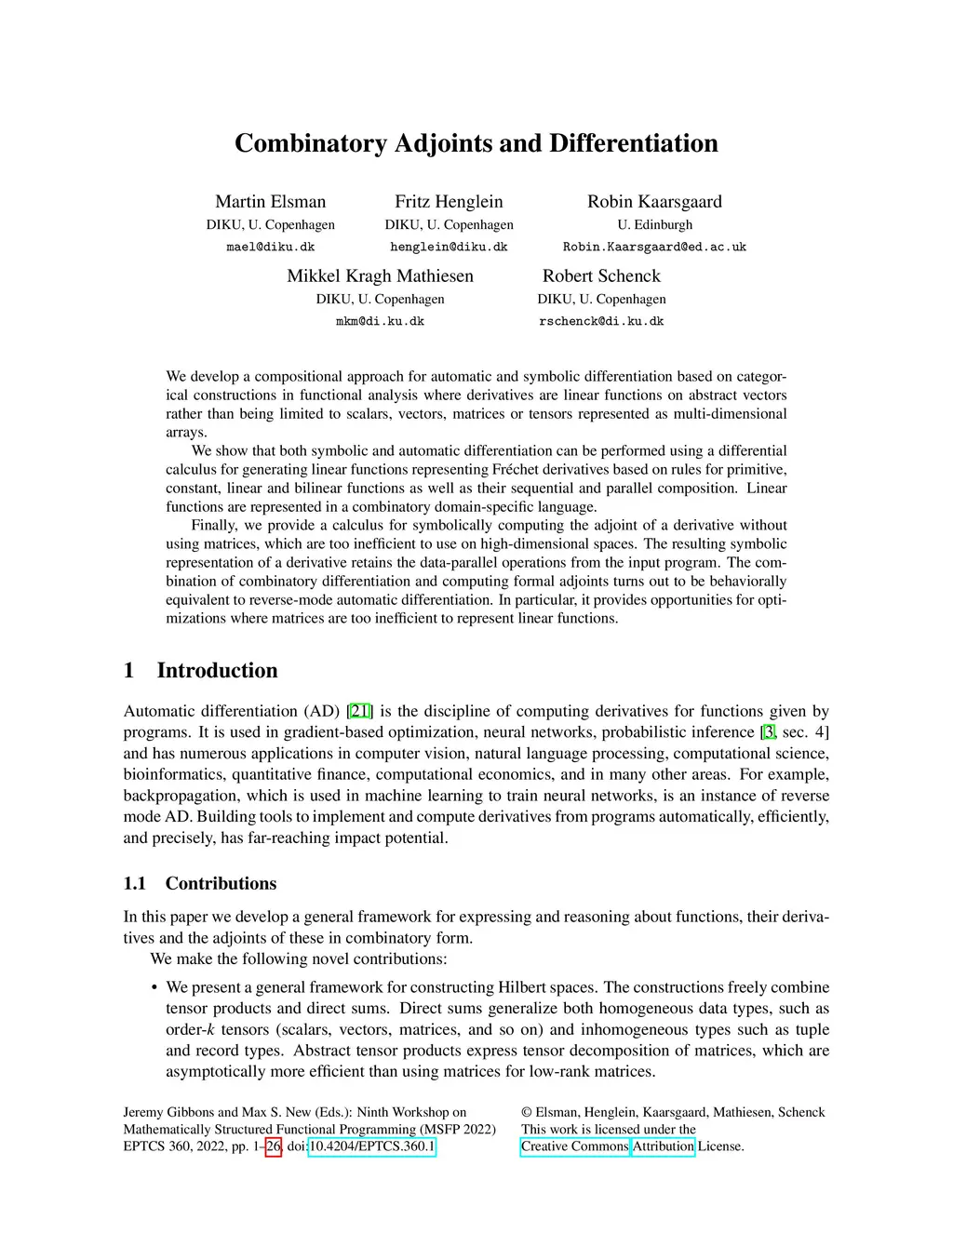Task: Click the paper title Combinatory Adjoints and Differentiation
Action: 476,143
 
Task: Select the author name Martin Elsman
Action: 270,202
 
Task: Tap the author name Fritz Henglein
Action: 449,202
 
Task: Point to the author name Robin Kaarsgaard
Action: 654,202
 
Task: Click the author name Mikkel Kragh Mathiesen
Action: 380,276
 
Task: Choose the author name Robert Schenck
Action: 601,276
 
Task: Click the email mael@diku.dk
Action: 270,248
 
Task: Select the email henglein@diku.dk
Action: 449,248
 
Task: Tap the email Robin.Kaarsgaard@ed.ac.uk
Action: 654,248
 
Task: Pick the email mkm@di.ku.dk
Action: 380,322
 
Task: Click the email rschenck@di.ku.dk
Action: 601,322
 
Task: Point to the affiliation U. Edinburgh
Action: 654,225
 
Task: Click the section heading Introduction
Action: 217,671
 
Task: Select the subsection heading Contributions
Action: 221,884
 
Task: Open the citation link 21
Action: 360,712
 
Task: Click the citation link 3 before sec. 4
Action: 769,732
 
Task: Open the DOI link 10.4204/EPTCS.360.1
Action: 371,1146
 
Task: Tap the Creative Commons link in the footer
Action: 574,1146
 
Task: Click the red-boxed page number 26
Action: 274,1146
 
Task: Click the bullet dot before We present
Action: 154,988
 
